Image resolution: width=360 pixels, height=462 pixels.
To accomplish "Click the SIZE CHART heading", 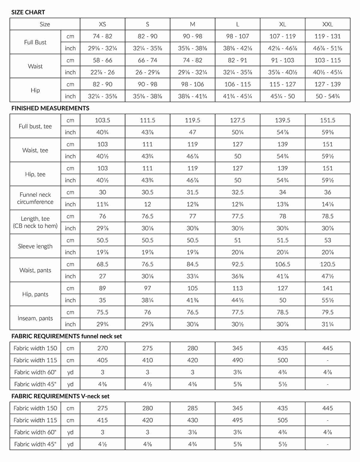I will tap(28, 12).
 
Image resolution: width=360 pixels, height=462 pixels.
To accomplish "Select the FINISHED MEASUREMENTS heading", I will tap(50, 108).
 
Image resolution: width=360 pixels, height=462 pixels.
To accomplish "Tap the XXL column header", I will tap(328, 24).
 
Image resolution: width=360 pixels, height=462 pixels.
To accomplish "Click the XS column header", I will tap(103, 24).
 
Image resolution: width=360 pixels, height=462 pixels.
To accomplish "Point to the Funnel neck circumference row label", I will tap(35, 198).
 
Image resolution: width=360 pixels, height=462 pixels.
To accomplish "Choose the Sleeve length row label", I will tap(35, 246).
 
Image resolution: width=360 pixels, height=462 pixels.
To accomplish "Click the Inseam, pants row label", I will tap(35, 318).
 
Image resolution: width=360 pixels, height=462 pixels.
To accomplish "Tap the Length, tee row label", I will tap(35, 222).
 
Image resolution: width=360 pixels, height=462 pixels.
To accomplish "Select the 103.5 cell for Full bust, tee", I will tap(103, 120).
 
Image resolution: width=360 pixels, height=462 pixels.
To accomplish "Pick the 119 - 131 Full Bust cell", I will tap(328, 36).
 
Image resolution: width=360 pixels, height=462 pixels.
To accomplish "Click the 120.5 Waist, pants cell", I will tap(328, 264).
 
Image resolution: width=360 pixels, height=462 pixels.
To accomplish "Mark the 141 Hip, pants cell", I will tap(328, 288).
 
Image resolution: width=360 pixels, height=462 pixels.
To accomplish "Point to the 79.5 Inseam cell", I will tap(328, 312).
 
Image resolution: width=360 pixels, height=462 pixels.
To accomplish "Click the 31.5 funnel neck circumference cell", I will tap(193, 192).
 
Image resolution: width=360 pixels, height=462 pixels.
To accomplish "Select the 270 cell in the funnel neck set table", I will tap(103, 348).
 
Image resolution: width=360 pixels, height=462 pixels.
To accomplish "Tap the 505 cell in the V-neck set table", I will tap(283, 420).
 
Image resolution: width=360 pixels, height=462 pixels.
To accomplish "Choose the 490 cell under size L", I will tap(238, 360).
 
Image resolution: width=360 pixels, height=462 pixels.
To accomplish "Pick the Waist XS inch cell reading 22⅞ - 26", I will tap(103, 72).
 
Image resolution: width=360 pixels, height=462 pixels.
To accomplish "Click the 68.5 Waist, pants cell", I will tap(103, 264).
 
